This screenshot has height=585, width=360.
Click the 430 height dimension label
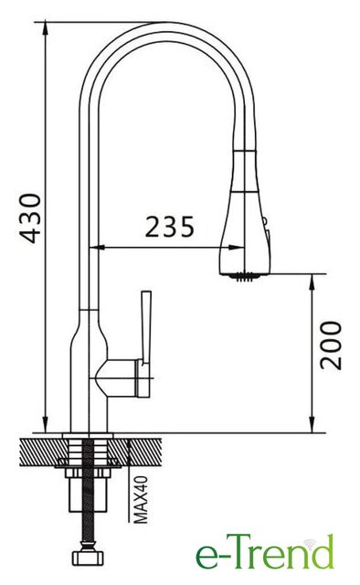point(30,218)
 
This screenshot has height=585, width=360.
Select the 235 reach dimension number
point(170,227)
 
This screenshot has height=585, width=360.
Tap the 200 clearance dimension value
point(332,346)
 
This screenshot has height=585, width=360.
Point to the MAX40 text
point(141,500)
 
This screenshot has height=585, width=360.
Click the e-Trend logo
point(264,551)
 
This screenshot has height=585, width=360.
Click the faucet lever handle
point(146,327)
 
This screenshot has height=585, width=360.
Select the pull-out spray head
point(245,213)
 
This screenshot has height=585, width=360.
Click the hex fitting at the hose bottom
point(88,557)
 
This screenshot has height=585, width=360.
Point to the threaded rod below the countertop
point(88,493)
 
